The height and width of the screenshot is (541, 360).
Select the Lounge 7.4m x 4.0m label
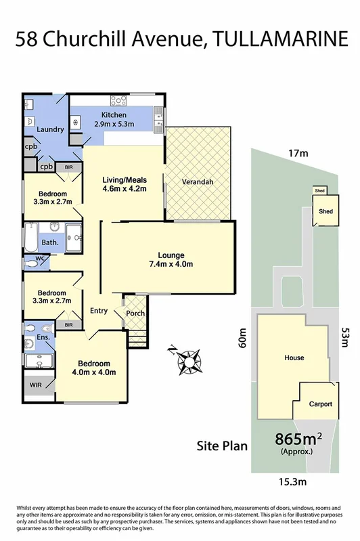click(x=171, y=259)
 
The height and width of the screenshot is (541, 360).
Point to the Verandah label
click(x=198, y=182)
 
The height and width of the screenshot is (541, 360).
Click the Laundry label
click(x=50, y=129)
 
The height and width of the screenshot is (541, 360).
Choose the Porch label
click(x=136, y=313)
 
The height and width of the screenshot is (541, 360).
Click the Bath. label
click(x=49, y=242)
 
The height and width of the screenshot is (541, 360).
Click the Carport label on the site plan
click(x=321, y=404)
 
